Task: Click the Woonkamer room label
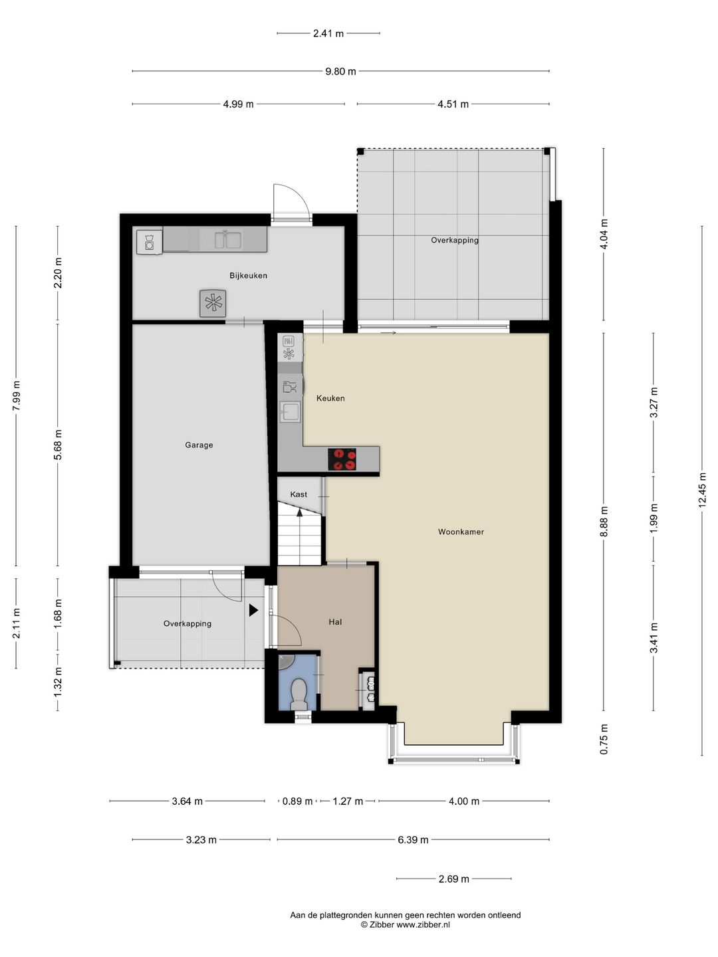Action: tap(461, 532)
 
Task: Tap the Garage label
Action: tap(199, 445)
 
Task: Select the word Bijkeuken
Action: tap(248, 276)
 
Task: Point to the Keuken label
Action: tap(330, 398)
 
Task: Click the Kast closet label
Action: tap(299, 494)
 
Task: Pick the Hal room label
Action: tap(335, 622)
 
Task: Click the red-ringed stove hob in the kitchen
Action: tap(342, 459)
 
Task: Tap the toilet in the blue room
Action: tap(299, 694)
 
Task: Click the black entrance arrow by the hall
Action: tap(253, 610)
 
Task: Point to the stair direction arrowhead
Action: tap(299, 512)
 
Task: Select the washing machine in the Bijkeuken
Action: tap(149, 242)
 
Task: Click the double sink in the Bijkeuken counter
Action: tap(229, 239)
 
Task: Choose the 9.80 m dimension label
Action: tap(340, 71)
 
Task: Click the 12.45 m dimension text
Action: tap(702, 490)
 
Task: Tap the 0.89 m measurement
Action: tap(297, 801)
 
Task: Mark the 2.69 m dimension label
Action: tap(454, 879)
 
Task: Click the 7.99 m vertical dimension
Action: tap(16, 396)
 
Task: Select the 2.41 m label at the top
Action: tap(328, 33)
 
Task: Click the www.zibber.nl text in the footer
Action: tap(423, 924)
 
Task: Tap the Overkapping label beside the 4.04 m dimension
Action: tap(455, 240)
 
